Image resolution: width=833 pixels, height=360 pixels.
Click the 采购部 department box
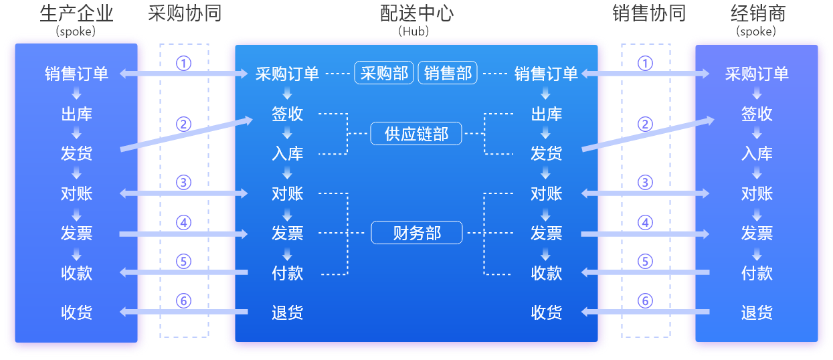click(x=384, y=74)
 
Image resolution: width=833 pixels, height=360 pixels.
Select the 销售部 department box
click(x=448, y=74)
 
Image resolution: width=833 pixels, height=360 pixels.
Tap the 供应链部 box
click(x=416, y=134)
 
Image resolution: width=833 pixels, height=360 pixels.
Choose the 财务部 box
click(x=416, y=233)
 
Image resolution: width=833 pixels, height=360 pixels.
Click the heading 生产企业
click(x=76, y=14)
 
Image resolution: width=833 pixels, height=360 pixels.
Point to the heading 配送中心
click(x=416, y=14)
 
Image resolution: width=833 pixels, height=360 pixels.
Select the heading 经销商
click(x=757, y=14)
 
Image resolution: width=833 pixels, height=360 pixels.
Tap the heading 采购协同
click(x=184, y=14)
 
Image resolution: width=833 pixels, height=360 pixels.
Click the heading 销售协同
click(x=648, y=14)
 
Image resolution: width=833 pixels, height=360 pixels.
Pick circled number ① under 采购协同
click(x=183, y=64)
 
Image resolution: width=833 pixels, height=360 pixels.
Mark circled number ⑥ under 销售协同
click(x=645, y=301)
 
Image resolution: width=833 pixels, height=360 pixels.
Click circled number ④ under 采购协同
click(x=183, y=223)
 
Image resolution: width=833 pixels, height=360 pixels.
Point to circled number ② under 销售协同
click(x=645, y=124)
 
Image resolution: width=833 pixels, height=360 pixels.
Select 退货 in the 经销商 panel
click(x=757, y=312)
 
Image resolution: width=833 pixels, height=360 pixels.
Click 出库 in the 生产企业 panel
click(x=77, y=114)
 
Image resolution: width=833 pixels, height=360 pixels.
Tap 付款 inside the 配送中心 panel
click(x=288, y=273)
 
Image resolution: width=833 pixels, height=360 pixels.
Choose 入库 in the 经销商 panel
click(x=757, y=154)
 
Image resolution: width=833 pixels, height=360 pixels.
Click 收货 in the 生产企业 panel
click(x=77, y=312)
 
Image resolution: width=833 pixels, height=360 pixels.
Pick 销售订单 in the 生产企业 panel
click(x=77, y=74)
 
